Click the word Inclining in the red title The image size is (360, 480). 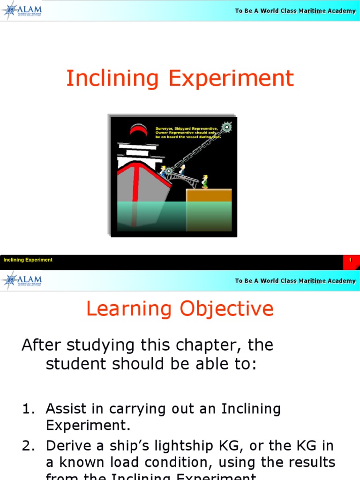113,78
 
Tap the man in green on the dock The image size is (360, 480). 205,181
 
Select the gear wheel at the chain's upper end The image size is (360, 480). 227,127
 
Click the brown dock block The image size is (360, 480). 209,195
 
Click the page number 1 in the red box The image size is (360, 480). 350,260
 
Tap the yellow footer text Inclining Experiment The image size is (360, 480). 28,260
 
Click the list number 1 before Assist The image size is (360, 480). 29,409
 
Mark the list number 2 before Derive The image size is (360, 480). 29,445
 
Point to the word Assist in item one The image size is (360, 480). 67,409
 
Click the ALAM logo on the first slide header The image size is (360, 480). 22,10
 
